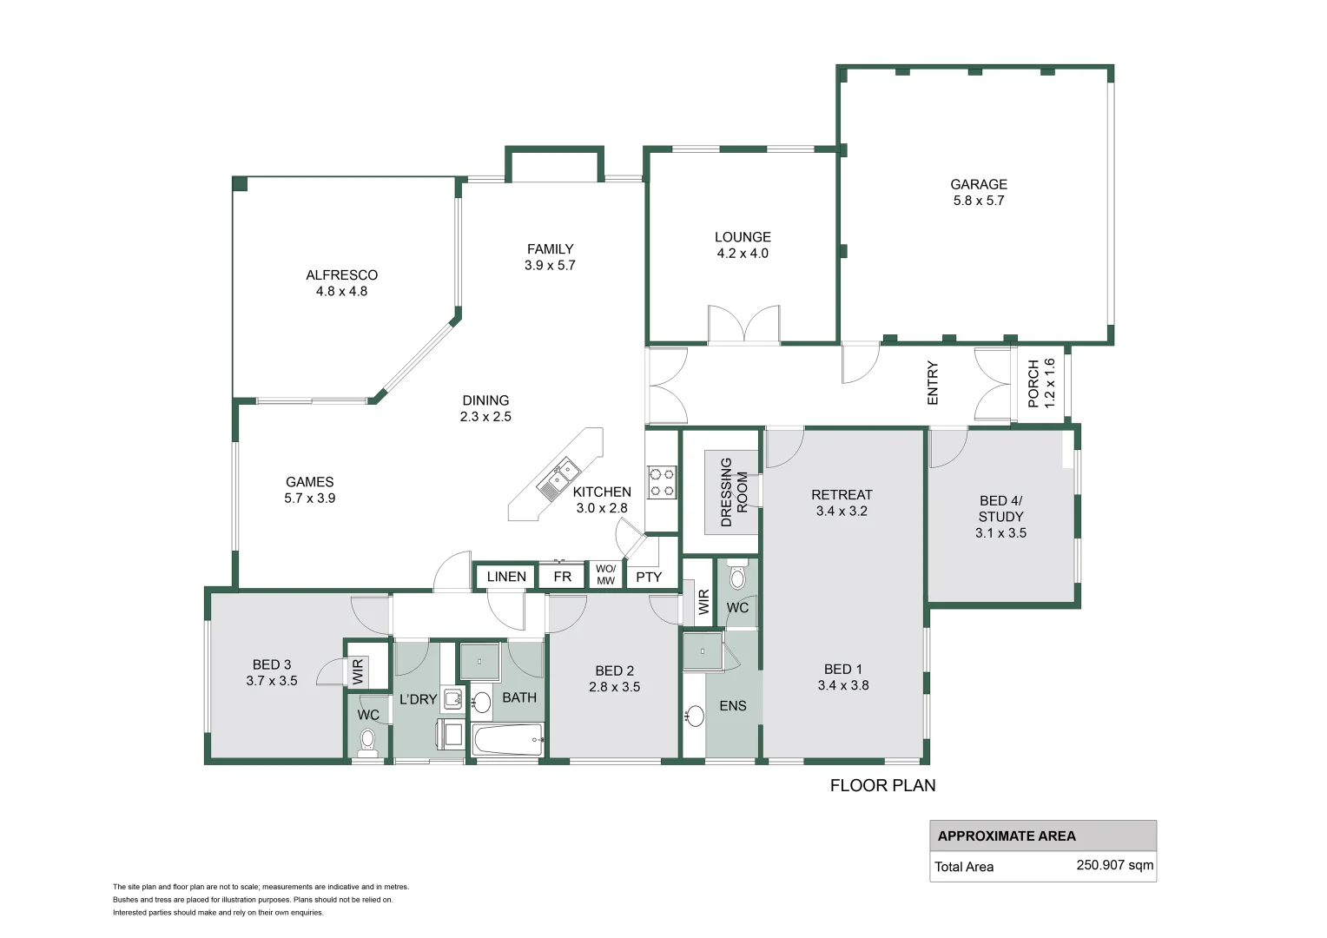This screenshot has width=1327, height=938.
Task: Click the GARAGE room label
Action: coord(979,184)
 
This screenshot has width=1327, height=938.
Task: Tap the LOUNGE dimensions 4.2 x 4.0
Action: coord(743,254)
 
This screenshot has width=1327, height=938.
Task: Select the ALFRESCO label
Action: coord(342,275)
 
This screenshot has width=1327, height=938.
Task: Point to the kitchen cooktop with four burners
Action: coord(662,482)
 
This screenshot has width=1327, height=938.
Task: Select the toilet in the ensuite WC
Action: coord(737,578)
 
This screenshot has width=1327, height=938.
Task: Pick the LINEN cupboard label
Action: coord(506,577)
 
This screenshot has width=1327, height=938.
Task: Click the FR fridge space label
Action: coord(562,577)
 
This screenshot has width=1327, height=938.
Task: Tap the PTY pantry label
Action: coord(649,578)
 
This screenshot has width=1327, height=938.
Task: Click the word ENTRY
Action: coord(933,383)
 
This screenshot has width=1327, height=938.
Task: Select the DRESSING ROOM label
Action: coord(734,492)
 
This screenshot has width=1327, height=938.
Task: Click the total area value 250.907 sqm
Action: coord(1115,864)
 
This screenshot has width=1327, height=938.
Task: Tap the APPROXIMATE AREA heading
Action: coord(1007,836)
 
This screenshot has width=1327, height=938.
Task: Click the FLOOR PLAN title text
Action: coord(882,786)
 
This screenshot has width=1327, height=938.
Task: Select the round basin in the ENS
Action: coord(695,716)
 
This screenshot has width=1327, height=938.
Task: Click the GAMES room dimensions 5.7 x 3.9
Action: coord(310,499)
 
